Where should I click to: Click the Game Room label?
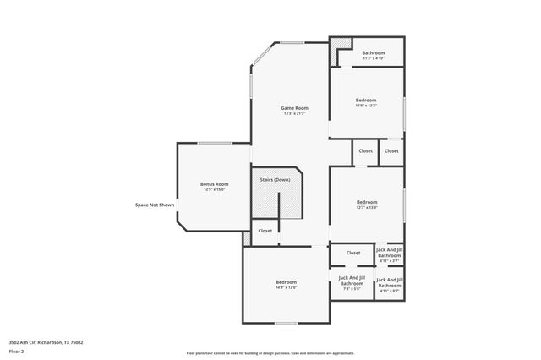295,107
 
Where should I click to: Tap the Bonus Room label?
214,184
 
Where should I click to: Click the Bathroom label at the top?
374,52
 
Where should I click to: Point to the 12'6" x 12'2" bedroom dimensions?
366,106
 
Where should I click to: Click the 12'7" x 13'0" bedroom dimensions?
367,207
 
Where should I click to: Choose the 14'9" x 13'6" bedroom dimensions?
286,287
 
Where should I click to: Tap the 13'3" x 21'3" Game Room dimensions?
295,113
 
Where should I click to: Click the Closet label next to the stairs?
265,231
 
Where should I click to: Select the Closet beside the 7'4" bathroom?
353,253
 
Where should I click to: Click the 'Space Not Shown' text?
155,205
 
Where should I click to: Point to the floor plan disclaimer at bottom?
270,353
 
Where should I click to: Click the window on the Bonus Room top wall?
216,143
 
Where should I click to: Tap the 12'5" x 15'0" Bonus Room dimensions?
214,190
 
